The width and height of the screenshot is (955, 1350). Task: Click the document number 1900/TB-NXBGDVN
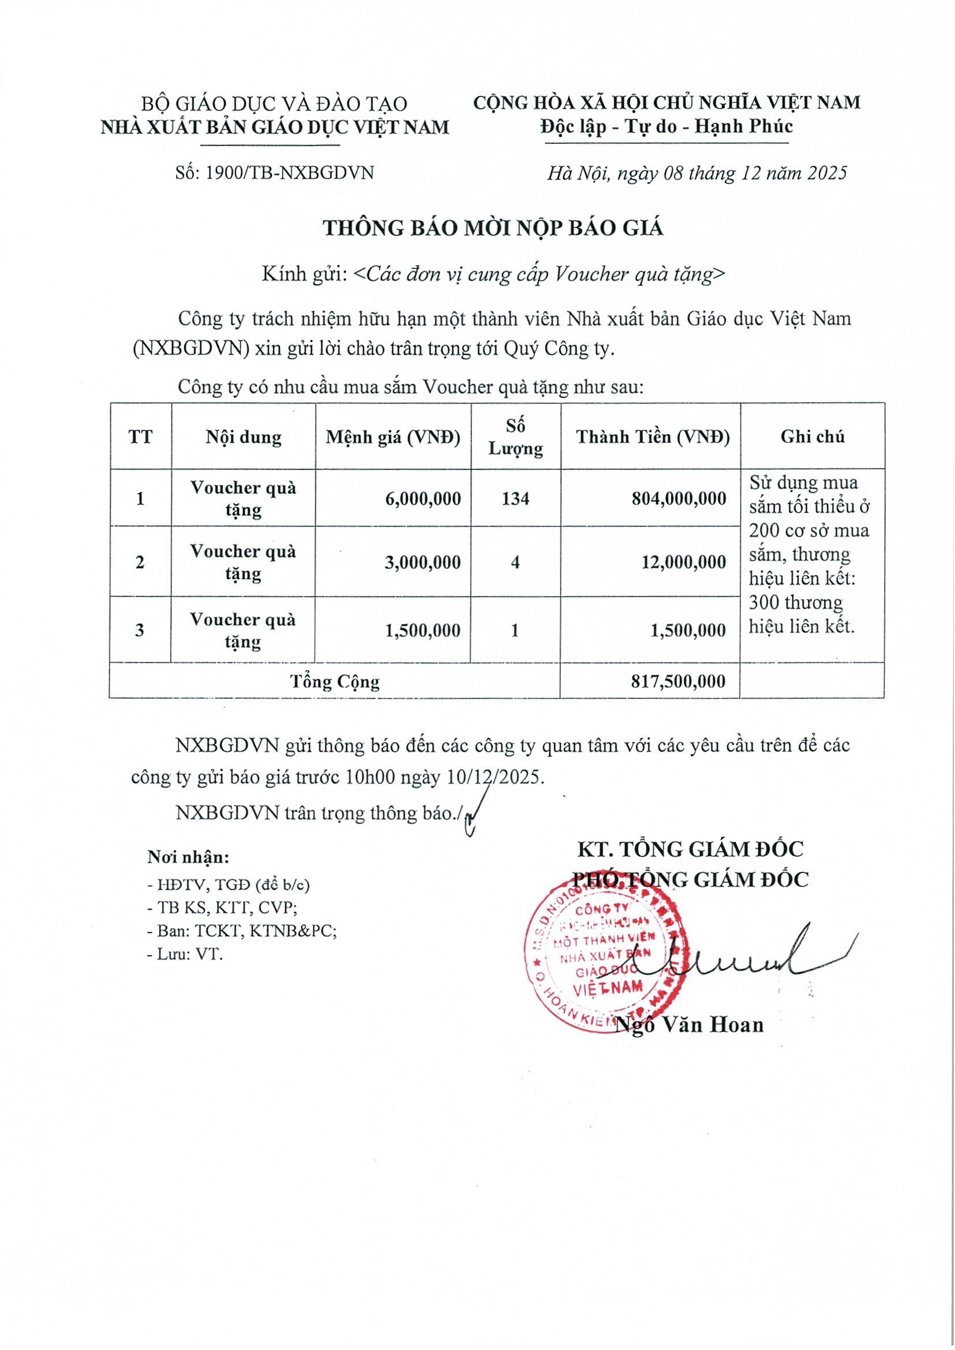[x=275, y=173]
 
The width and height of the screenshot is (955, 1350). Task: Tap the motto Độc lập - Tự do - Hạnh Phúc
[x=666, y=126]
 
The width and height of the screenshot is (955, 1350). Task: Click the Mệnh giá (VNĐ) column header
[x=393, y=437]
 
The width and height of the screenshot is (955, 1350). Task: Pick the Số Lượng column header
[x=516, y=437]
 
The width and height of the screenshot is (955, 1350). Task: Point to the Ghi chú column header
[x=812, y=437]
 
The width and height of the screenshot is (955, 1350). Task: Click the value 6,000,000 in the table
[x=423, y=499]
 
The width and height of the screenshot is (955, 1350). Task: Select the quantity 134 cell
[x=516, y=499]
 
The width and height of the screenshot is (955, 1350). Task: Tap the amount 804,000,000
[x=679, y=499]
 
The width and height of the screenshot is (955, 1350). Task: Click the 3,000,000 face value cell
[x=423, y=562]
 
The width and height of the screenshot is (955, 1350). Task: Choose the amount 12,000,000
[x=683, y=562]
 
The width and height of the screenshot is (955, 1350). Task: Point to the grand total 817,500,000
[x=679, y=681]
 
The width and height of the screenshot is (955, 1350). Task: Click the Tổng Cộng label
[x=335, y=681]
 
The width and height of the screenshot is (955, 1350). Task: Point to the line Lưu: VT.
[x=186, y=954]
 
